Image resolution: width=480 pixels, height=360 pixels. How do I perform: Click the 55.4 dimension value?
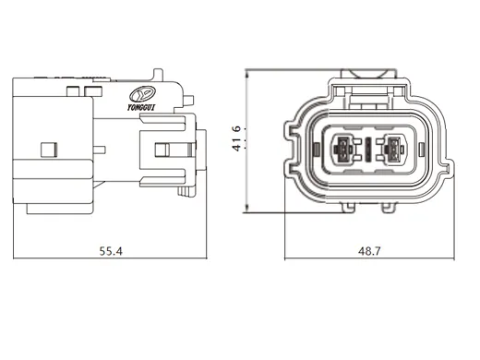[x=111, y=250]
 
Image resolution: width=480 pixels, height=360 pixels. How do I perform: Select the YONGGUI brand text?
[x=142, y=107]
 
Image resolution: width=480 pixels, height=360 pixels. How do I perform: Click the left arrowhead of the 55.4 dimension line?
[x=16, y=258]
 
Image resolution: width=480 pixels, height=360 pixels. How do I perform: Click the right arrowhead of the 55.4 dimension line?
[x=202, y=258]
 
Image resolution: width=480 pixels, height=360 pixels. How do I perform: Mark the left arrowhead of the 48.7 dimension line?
[x=286, y=258]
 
